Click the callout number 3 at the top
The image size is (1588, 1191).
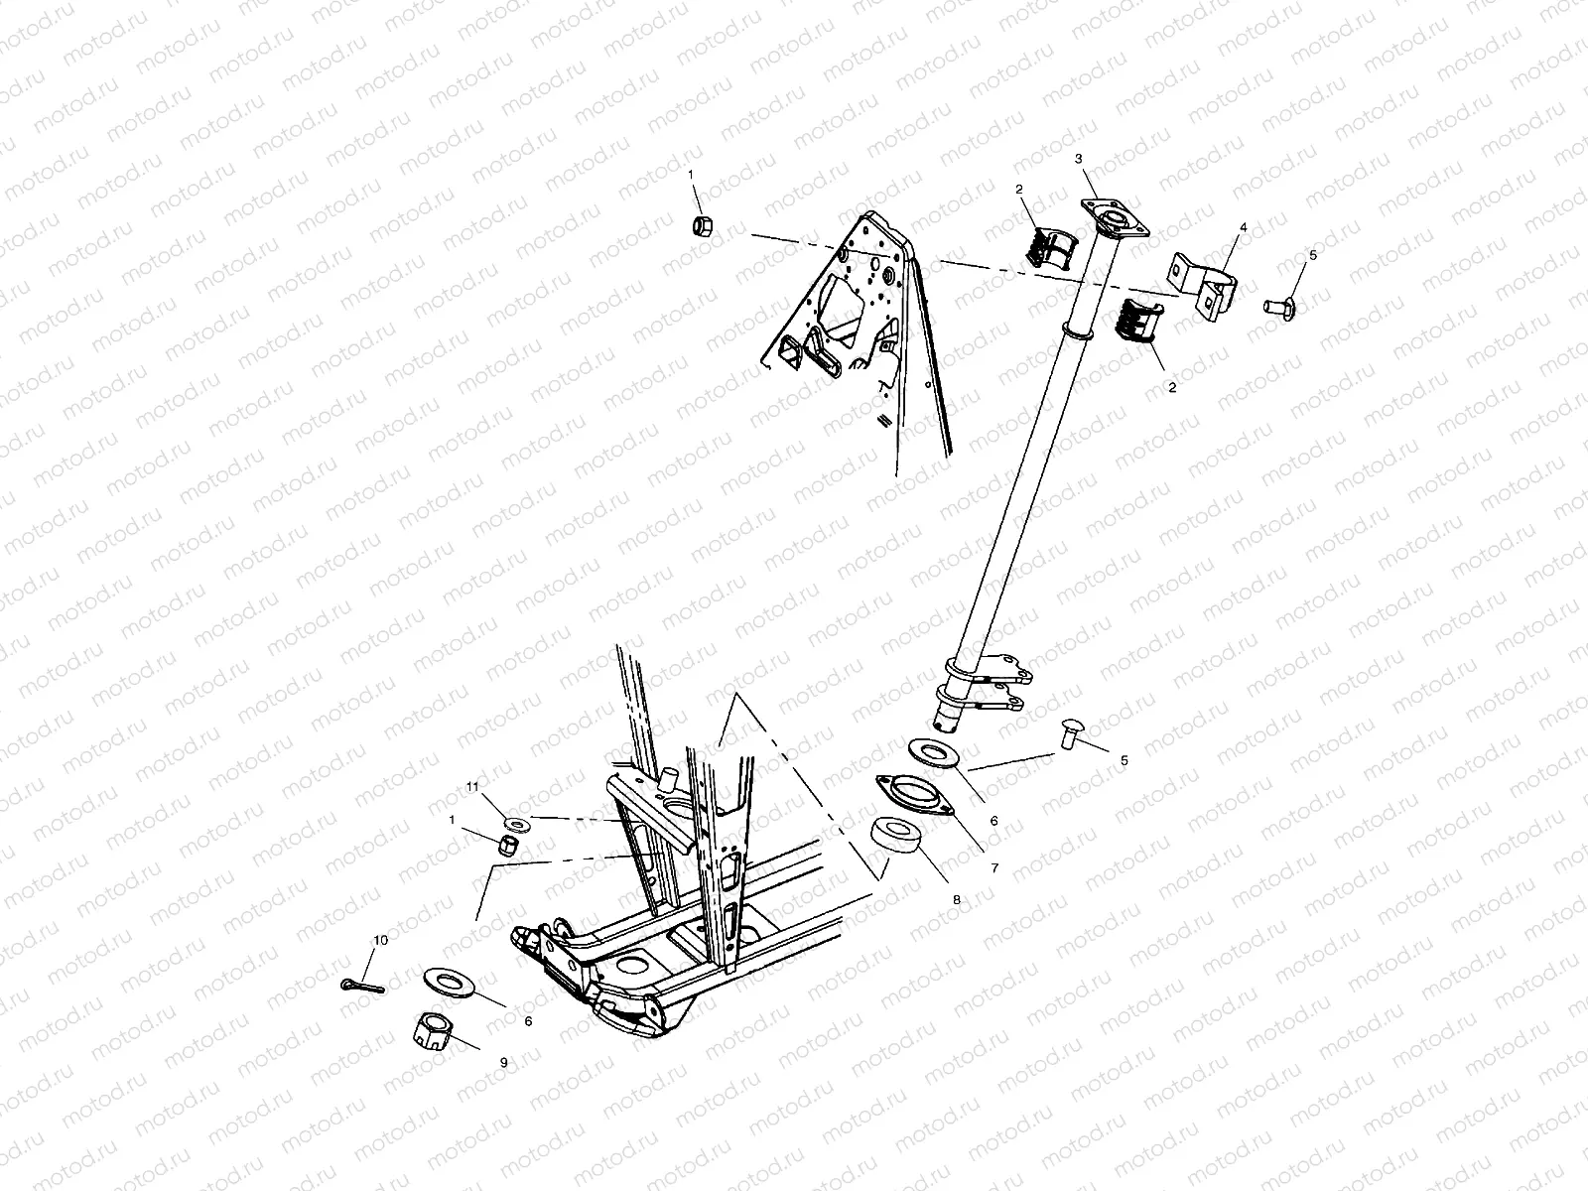pos(1079,159)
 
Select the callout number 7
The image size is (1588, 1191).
pos(993,867)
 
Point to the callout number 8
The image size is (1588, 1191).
pos(957,899)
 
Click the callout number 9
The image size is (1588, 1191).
pos(503,1062)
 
